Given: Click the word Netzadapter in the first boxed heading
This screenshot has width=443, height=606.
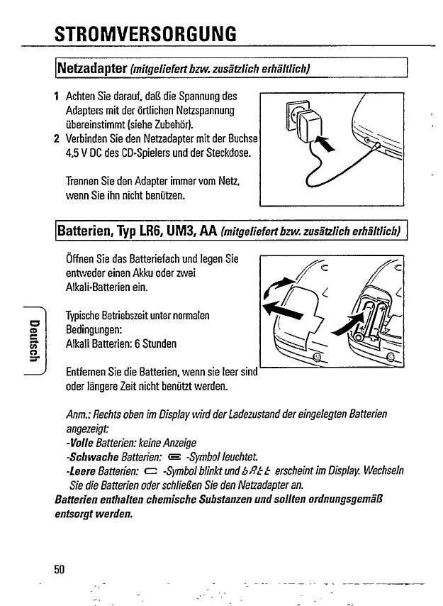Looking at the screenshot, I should (91, 70).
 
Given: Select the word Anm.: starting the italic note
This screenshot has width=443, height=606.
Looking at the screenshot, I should (77, 414).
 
